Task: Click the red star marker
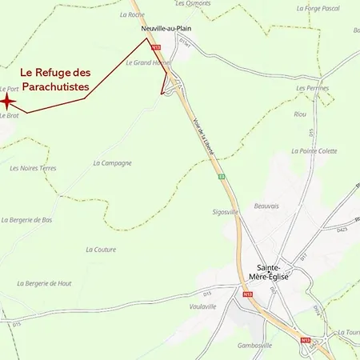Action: point(7,101)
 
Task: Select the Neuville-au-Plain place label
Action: point(158,26)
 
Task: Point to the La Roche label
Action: point(130,14)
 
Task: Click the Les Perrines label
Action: point(312,87)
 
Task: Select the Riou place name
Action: point(300,114)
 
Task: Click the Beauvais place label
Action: point(266,206)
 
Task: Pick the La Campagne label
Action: point(112,162)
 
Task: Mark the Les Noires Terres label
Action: point(33,168)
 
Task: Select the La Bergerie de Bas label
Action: point(27,219)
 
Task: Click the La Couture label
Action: point(100,250)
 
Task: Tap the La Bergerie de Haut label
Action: point(44,283)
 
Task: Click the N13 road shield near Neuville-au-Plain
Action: point(156,47)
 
